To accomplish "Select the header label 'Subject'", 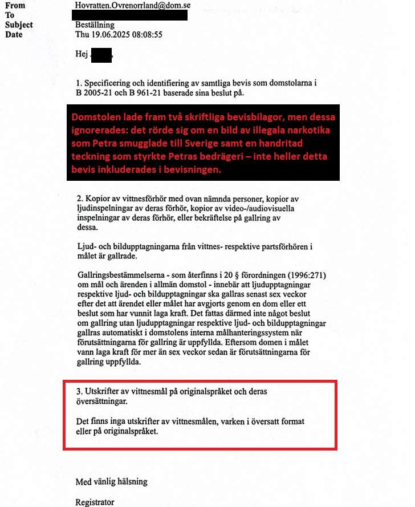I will (19, 25).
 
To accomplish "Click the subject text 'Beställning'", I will (95, 25).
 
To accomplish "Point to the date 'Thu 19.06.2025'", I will (105, 34).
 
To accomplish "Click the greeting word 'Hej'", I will (82, 55).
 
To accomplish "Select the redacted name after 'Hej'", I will (102, 55).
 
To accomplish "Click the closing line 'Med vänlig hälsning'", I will (111, 482).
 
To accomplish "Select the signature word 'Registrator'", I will (95, 502).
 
